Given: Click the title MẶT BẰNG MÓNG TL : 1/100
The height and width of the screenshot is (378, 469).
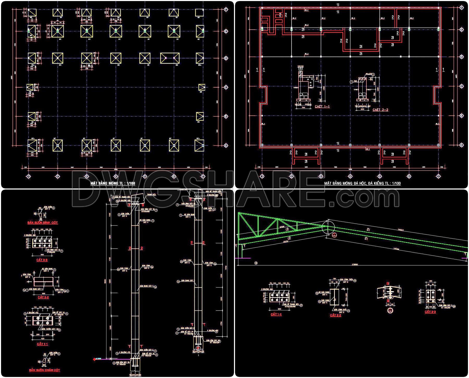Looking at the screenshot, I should tap(113, 183).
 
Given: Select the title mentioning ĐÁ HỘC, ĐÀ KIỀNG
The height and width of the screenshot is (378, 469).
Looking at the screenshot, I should tap(362, 183).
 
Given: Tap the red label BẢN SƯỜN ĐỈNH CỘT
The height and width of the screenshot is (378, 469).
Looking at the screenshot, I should tap(42, 223).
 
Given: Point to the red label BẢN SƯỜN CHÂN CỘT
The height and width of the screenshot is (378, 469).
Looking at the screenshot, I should tap(45, 370).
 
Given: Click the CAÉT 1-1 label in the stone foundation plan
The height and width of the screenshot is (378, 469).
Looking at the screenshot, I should tap(322, 107).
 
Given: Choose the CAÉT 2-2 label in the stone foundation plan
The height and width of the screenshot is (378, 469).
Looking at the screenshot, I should tap(380, 110).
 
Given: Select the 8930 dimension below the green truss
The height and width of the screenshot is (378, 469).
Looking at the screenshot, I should tap(286, 242).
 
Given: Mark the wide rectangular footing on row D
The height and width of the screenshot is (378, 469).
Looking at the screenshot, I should tap(170, 58).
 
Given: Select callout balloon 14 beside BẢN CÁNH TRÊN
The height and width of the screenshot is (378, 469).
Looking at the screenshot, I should tap(355, 281).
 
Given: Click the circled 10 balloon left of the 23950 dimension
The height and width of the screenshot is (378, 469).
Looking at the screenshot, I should tap(256, 264).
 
